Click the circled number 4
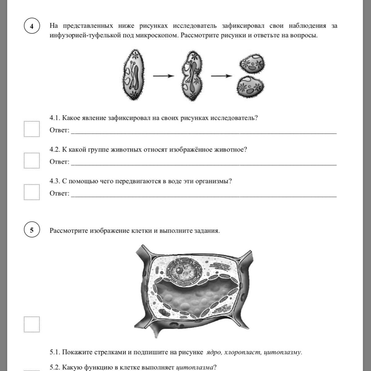click(32, 26)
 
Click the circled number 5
click(32, 230)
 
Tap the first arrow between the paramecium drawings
click(164, 76)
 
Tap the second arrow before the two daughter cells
click(221, 76)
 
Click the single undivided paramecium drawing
click(133, 75)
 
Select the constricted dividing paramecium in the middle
click(193, 76)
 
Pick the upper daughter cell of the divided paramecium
click(252, 63)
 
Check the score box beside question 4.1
click(32, 129)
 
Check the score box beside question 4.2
click(32, 160)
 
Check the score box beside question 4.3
click(32, 192)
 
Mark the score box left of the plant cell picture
click(32, 324)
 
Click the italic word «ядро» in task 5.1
click(213, 352)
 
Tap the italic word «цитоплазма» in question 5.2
click(195, 368)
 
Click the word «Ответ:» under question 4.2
click(59, 162)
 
